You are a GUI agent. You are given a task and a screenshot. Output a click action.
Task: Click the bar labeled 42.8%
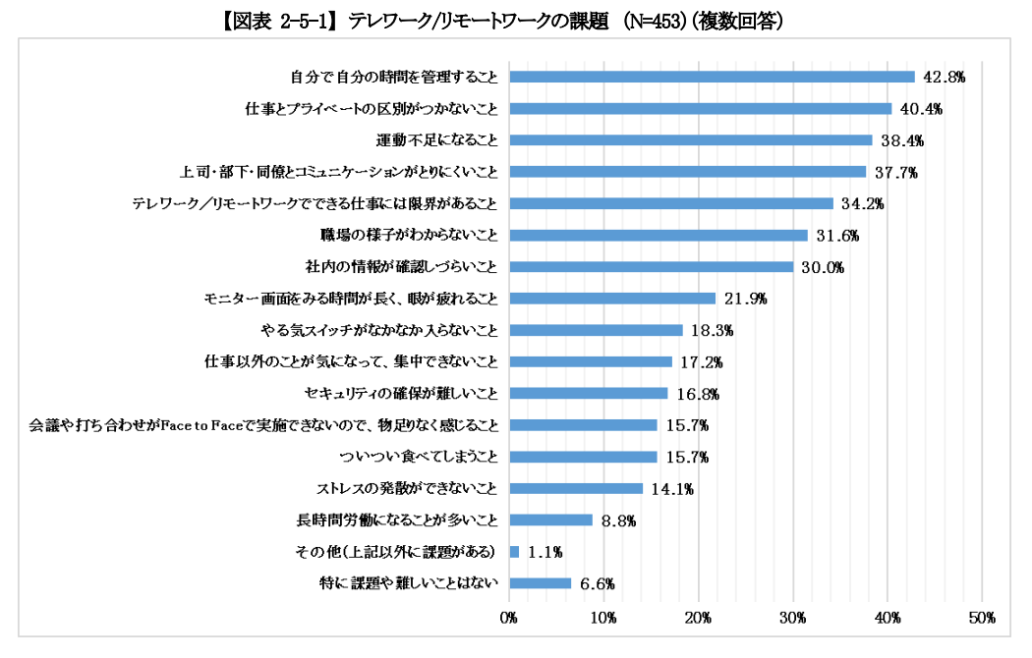(x=712, y=77)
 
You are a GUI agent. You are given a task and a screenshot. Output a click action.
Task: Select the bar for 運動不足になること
(x=690, y=140)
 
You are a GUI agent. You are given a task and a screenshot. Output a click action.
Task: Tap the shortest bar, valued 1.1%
(x=514, y=551)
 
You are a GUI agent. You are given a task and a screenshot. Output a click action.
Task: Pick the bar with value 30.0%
(x=651, y=267)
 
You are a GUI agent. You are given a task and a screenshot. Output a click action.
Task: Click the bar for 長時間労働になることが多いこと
(x=550, y=520)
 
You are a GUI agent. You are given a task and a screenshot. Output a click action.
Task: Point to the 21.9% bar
(x=612, y=299)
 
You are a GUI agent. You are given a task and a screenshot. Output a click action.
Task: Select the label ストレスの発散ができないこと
(x=406, y=488)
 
